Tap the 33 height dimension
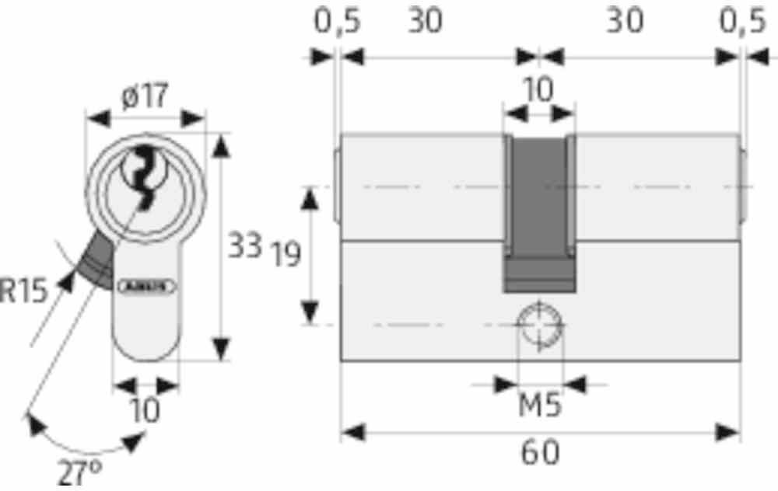click(244, 247)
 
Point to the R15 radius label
click(23, 292)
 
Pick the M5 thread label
click(540, 405)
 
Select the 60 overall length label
click(540, 453)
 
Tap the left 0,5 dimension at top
click(337, 22)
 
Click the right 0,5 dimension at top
click(741, 22)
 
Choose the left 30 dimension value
click(426, 22)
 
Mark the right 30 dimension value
click(626, 22)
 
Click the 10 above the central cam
click(538, 90)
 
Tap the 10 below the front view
click(145, 409)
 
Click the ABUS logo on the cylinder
click(146, 285)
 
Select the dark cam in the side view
click(538, 210)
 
